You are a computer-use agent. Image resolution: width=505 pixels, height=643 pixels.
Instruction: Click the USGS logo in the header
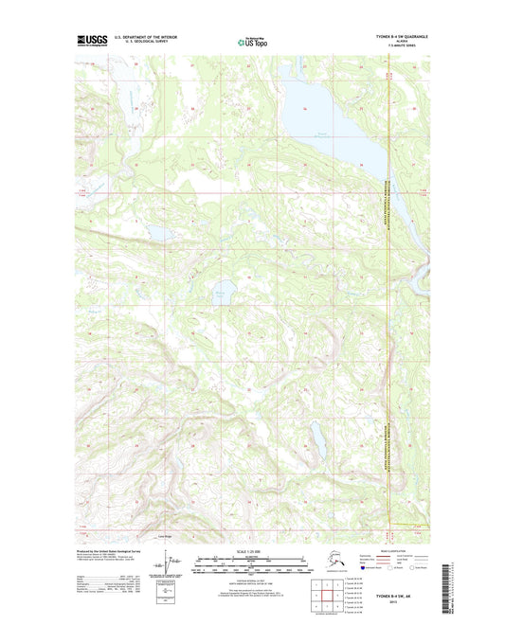(90, 40)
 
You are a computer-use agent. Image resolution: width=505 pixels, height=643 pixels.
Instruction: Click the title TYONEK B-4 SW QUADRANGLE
(393, 36)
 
